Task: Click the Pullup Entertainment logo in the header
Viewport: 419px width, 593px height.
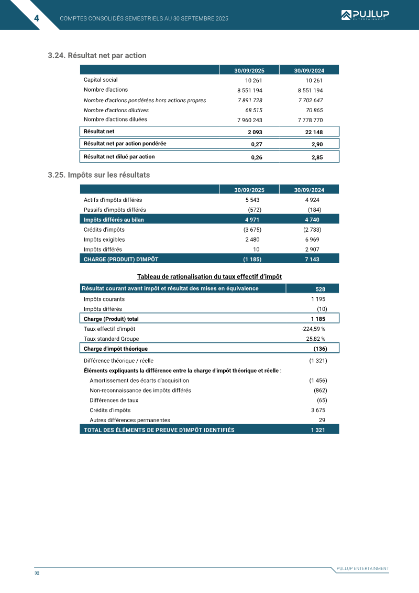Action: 365,15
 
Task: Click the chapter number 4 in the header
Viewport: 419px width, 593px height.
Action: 37,18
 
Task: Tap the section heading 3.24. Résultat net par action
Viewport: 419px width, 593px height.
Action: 97,56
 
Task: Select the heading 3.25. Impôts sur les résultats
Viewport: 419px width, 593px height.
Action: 98,175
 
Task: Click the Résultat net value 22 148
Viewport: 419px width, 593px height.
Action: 313,132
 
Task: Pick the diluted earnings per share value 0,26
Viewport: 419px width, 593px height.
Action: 256,157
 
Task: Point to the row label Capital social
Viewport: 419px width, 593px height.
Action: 101,80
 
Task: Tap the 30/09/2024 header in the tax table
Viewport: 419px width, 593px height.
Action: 309,190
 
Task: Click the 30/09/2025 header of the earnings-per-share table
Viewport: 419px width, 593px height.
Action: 249,70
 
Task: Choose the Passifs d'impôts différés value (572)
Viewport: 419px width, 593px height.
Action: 254,210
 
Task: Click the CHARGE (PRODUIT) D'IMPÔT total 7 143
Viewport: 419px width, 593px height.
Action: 312,259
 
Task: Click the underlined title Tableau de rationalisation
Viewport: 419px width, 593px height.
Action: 210,277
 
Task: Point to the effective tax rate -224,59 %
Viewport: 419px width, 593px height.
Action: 313,329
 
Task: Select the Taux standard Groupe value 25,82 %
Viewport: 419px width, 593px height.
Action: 315,339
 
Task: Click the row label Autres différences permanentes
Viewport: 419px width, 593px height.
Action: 129,421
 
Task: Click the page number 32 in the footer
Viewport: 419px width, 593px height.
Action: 37,573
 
